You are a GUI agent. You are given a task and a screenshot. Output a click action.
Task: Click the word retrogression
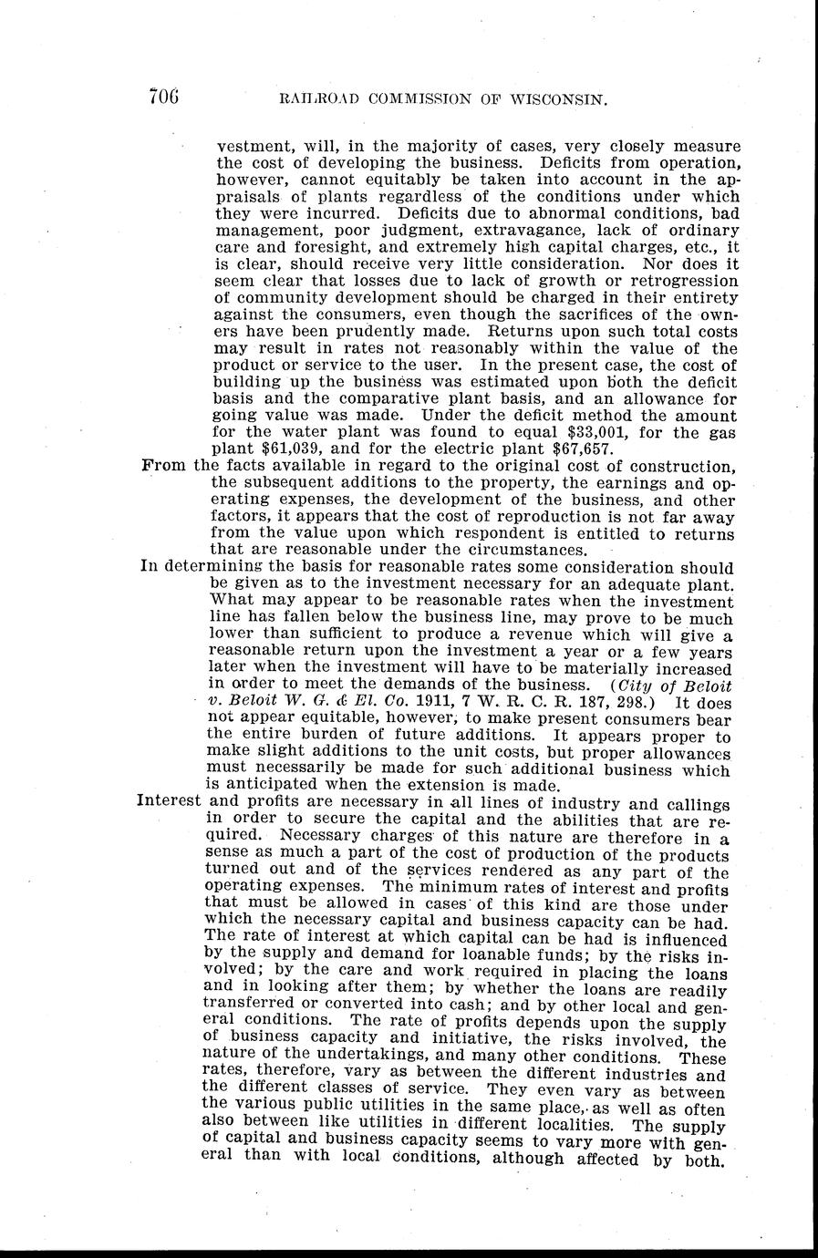680,281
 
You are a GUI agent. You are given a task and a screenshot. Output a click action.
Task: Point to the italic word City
635,684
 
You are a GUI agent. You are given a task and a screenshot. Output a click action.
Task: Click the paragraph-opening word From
164,466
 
